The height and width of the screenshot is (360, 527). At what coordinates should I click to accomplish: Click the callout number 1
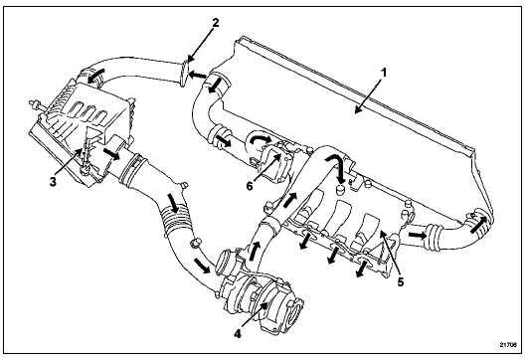(x=384, y=73)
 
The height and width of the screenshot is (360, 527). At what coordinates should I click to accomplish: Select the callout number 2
(x=216, y=23)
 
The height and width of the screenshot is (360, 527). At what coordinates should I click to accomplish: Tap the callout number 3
(x=53, y=182)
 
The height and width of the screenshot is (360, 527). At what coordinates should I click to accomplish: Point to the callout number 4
(x=238, y=333)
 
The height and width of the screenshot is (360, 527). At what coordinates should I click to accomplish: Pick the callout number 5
(x=401, y=281)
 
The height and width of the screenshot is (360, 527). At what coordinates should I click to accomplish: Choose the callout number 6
(x=250, y=186)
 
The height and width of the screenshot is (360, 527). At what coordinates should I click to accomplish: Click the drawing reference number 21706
(x=508, y=344)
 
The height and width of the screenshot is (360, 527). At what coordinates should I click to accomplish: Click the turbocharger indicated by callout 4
(x=261, y=299)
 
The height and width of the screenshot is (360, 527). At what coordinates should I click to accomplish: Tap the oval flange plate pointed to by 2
(x=184, y=74)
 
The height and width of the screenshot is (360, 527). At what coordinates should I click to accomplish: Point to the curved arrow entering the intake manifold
(x=336, y=166)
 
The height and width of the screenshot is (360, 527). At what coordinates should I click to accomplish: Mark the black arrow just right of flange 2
(x=197, y=76)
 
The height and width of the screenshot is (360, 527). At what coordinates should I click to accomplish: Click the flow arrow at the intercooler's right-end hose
(x=478, y=225)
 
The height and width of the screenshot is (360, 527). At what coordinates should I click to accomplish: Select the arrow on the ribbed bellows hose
(x=174, y=202)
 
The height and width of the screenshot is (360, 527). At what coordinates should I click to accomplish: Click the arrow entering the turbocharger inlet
(x=202, y=266)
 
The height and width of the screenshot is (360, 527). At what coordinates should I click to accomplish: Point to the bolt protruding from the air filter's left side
(x=33, y=104)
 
